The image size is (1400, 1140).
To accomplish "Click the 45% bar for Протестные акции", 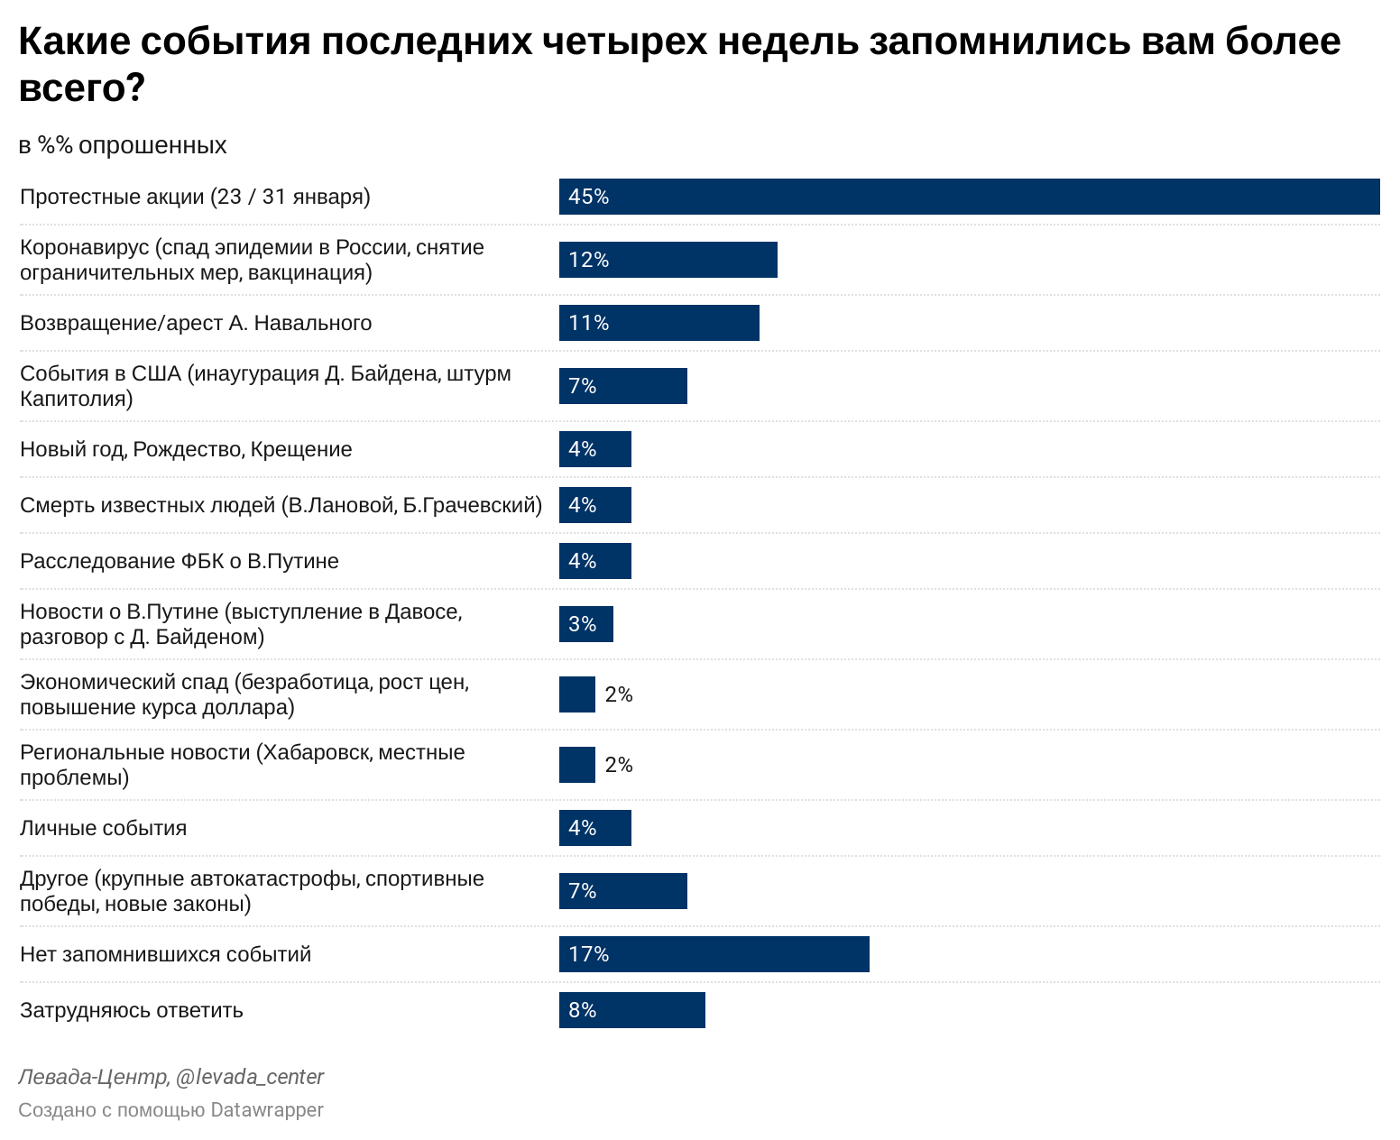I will (x=969, y=197).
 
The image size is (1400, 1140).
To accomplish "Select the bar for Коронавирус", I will (x=668, y=260).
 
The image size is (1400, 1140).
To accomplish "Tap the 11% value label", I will (x=589, y=323).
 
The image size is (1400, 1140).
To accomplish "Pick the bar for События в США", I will (x=622, y=386).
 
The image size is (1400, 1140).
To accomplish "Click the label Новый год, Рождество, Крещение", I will (x=186, y=449).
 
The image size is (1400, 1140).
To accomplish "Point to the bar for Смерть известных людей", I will (x=594, y=505).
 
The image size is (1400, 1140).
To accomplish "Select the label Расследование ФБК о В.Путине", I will (x=180, y=561).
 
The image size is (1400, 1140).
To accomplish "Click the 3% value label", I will (x=583, y=624).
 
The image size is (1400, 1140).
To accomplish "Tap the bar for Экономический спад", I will (x=577, y=694).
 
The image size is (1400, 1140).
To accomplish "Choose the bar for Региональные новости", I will (x=577, y=765).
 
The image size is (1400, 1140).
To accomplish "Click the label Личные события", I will (x=103, y=828).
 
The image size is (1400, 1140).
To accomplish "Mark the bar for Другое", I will (x=622, y=891).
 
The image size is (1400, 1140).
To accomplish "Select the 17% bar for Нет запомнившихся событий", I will (x=714, y=954).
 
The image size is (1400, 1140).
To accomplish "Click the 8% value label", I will (x=583, y=1010).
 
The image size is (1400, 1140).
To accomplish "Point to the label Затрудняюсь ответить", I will (x=132, y=1010).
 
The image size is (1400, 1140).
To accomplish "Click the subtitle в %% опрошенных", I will (x=123, y=145).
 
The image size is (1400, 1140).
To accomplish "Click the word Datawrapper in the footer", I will (x=267, y=1109).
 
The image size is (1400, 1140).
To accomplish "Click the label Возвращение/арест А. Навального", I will (x=196, y=323).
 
